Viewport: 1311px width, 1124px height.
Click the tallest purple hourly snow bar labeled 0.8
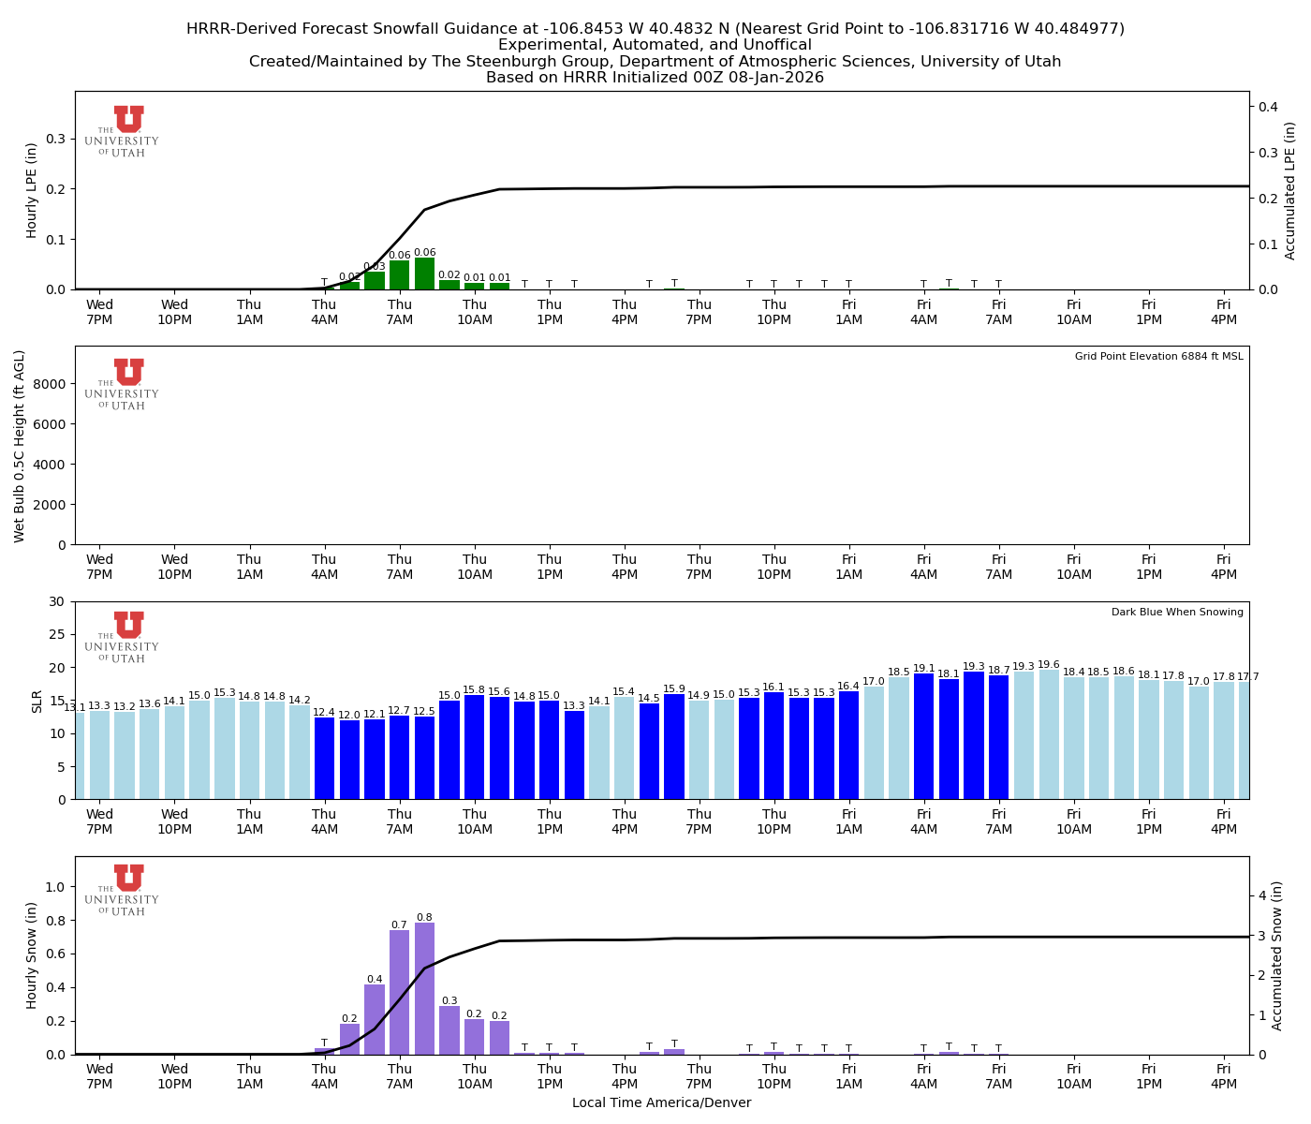(x=424, y=989)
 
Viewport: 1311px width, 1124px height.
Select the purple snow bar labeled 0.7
(x=399, y=993)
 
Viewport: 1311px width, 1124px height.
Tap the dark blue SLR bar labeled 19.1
(x=923, y=736)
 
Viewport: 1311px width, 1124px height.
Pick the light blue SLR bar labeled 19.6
(x=1049, y=734)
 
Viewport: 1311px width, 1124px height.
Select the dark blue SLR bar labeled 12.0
(x=349, y=760)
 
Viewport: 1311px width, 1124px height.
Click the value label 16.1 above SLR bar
(x=773, y=687)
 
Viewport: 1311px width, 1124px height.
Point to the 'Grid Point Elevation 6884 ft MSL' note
(x=1158, y=357)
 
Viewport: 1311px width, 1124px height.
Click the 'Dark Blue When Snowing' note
(x=1177, y=613)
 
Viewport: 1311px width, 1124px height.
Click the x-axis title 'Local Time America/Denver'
(x=661, y=1102)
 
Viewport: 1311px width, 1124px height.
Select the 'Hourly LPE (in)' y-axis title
(x=32, y=190)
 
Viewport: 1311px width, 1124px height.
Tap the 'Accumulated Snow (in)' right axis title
(x=1276, y=955)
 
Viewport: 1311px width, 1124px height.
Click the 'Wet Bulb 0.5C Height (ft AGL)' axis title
(x=20, y=446)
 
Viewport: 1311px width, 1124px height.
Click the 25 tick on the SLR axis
(x=59, y=634)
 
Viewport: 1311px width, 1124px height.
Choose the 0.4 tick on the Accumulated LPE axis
(x=1268, y=107)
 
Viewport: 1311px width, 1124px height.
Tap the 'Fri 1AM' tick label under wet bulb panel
(x=848, y=567)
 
